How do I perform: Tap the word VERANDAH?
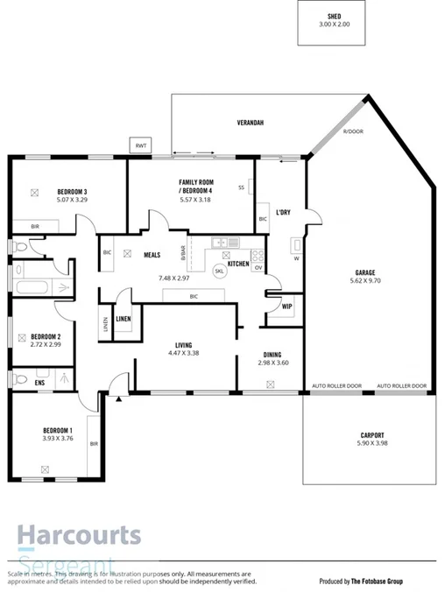click(x=251, y=123)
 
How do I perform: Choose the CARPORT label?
click(x=371, y=435)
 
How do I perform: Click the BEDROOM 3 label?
click(x=72, y=192)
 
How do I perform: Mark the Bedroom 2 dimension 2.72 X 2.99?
click(x=45, y=345)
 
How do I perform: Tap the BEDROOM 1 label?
click(x=58, y=430)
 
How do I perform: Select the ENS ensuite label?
click(x=39, y=383)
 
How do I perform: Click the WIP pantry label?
click(x=287, y=306)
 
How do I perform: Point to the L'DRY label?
click(x=283, y=213)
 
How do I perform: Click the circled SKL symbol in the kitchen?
click(x=219, y=271)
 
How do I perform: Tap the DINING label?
click(x=272, y=354)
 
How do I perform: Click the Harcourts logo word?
click(x=79, y=533)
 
